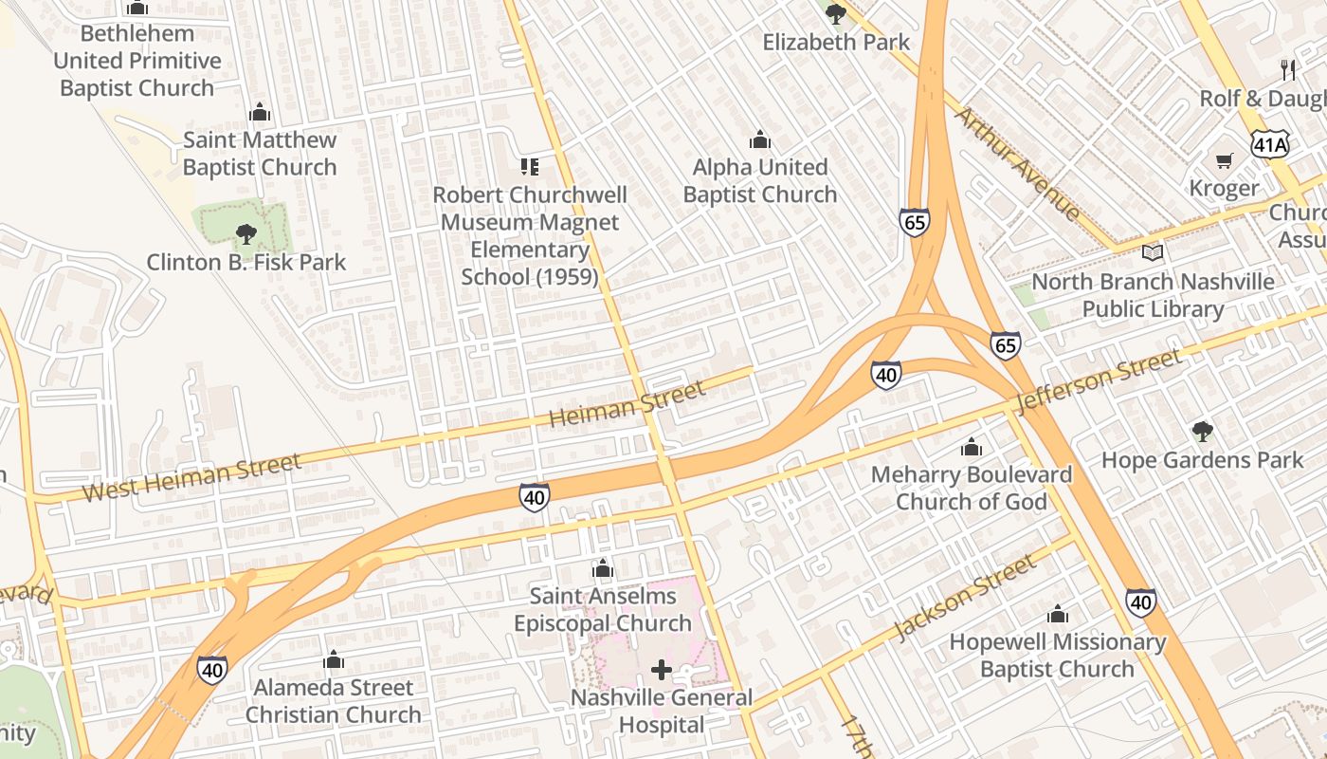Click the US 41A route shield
(x=1269, y=144)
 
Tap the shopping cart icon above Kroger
(x=1225, y=160)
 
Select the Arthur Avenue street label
(x=1017, y=163)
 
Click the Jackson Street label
(x=965, y=599)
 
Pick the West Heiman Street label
(x=191, y=477)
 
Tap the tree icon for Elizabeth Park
(x=836, y=14)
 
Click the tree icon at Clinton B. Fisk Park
(x=245, y=233)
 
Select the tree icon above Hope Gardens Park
(x=1202, y=433)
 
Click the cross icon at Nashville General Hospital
(x=662, y=671)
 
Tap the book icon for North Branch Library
(x=1153, y=253)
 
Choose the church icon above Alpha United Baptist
(x=759, y=140)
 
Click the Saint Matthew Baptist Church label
(x=260, y=154)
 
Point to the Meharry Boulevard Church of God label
(x=972, y=488)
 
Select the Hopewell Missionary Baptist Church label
(x=1057, y=656)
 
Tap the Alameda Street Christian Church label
(x=334, y=701)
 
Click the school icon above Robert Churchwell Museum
(x=530, y=167)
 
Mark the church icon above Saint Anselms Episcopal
(x=602, y=569)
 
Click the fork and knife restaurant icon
(x=1287, y=69)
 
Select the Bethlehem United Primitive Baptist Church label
(x=137, y=61)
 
